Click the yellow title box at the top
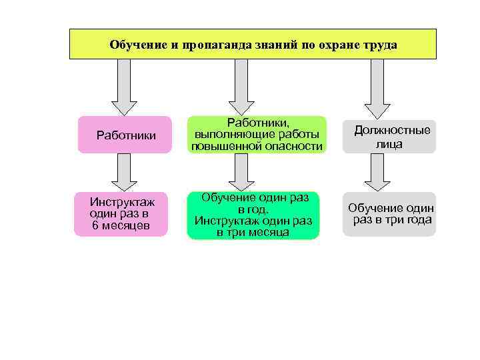253,44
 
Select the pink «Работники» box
126,135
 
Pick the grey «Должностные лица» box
389,137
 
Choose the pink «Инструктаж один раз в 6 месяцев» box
121,214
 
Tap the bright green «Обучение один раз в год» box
253,215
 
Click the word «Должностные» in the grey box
392,130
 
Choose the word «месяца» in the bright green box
271,233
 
